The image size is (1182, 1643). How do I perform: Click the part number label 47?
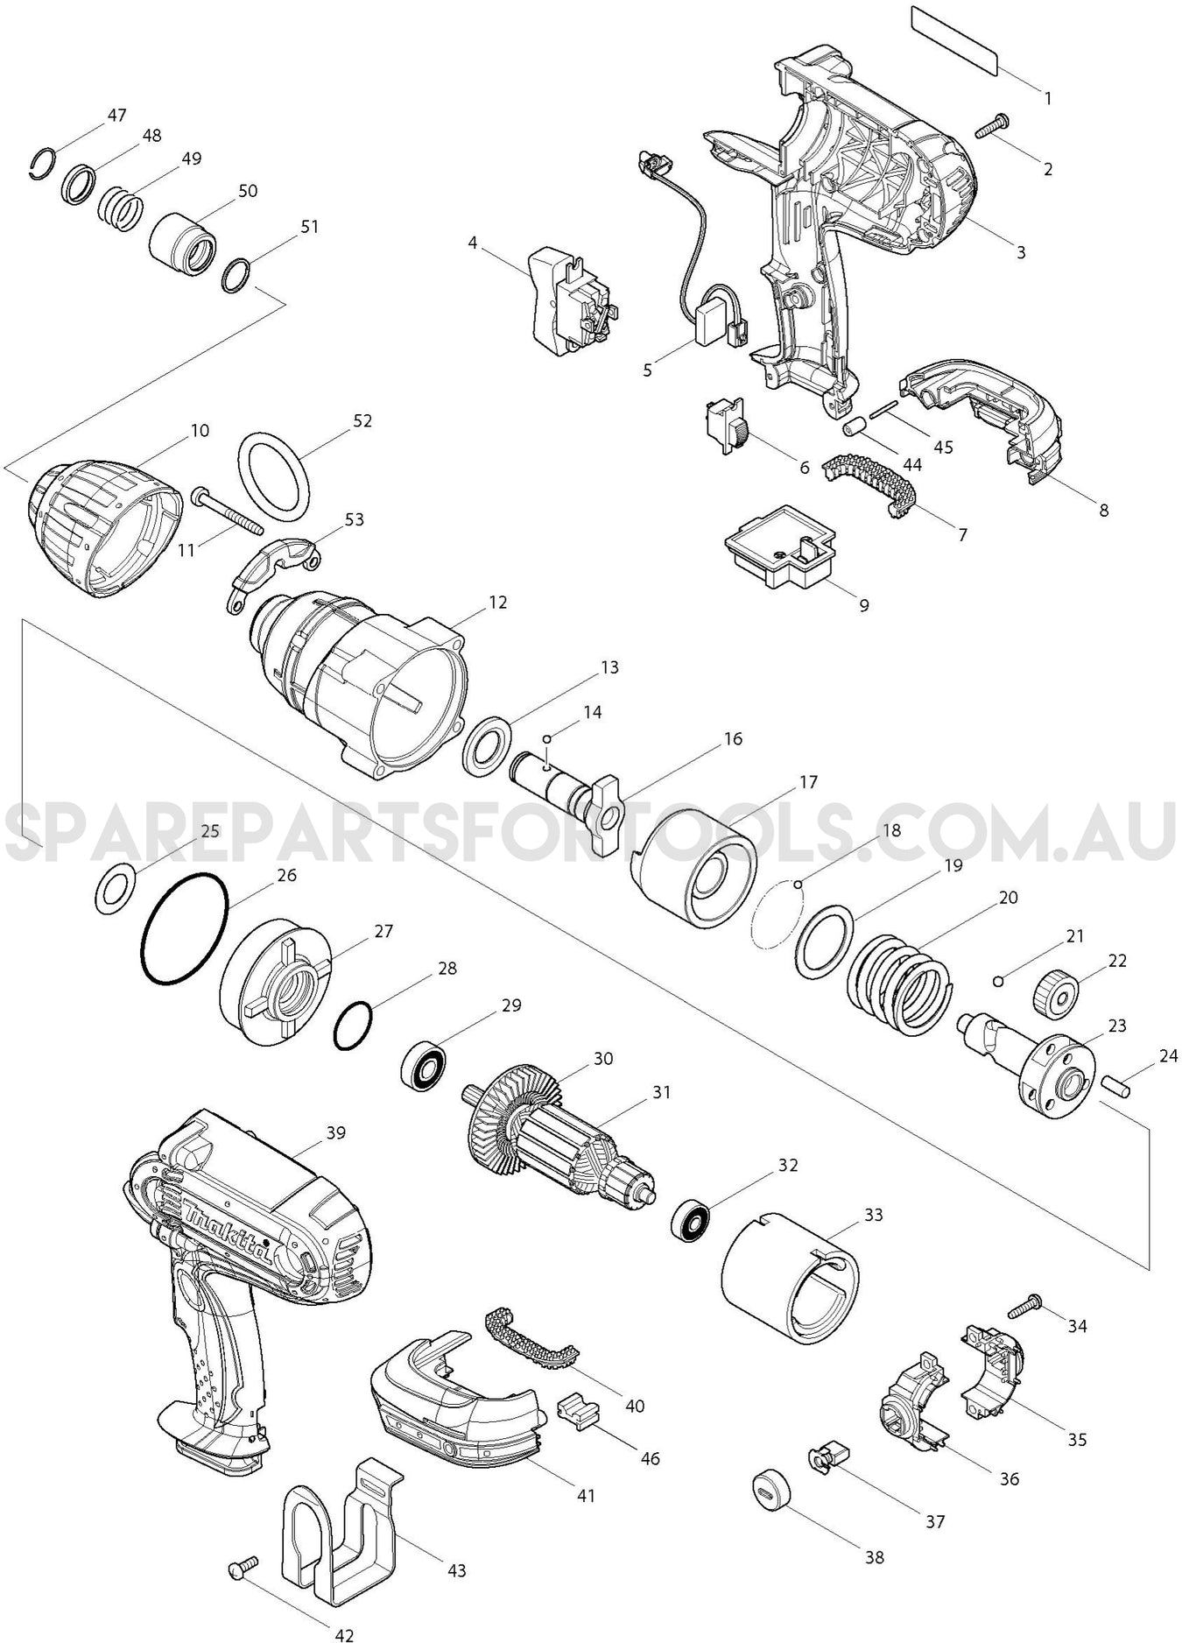pyautogui.click(x=116, y=115)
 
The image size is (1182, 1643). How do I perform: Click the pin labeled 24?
pyautogui.click(x=1117, y=1084)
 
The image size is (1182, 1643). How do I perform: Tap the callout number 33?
pyautogui.click(x=872, y=1215)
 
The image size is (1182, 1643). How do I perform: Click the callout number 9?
pyautogui.click(x=863, y=605)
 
